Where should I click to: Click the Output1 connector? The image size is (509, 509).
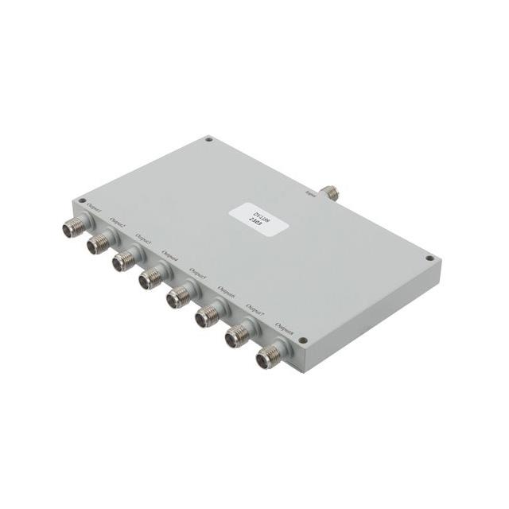(73, 227)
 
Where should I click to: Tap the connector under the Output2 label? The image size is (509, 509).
(99, 243)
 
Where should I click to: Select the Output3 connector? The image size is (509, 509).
(123, 261)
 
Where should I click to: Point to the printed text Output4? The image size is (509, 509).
(169, 258)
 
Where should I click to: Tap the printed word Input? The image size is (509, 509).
(311, 188)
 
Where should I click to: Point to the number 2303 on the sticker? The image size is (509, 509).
(247, 217)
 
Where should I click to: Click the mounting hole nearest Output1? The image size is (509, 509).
(82, 200)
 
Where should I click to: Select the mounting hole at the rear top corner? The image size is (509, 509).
(208, 139)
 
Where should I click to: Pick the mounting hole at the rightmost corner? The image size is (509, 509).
(429, 258)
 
